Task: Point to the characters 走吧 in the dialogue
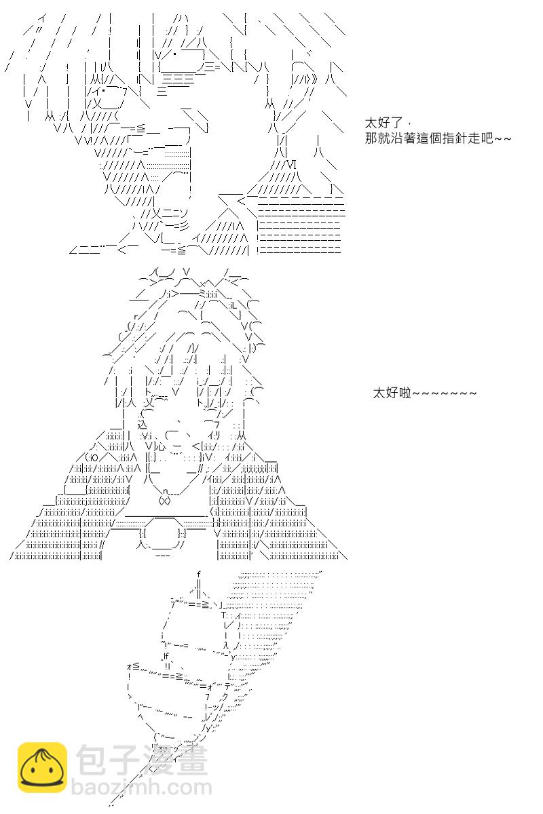pos(480,138)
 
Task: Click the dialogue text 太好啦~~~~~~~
pos(424,393)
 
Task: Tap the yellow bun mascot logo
pos(42,767)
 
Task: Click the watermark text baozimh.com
pos(141,788)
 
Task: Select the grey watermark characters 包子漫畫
pos(142,760)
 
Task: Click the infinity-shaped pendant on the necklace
pos(164,501)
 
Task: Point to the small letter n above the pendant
pos(165,492)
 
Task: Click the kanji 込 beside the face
pos(143,425)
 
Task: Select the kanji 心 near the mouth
pos(161,446)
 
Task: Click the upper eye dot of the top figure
pos(175,54)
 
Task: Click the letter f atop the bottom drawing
pos(199,574)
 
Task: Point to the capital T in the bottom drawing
pos(224,615)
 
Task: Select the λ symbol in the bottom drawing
pos(226,645)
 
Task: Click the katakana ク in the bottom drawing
pos(225,696)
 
